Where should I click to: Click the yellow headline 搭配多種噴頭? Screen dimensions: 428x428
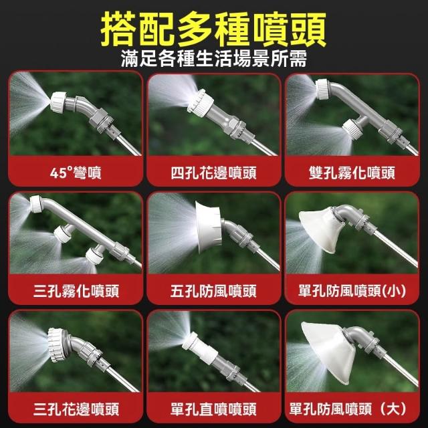(x=213, y=29)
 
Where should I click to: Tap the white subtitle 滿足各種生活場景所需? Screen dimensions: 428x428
(x=214, y=59)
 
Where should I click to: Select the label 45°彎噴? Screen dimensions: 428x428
(x=76, y=173)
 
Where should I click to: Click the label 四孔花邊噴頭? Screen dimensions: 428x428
(x=213, y=173)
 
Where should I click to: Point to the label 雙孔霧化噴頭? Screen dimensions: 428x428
(x=352, y=173)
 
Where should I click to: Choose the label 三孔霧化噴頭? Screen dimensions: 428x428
(x=76, y=291)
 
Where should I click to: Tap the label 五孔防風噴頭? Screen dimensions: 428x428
(x=213, y=291)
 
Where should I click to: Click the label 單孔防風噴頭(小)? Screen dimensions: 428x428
(x=352, y=291)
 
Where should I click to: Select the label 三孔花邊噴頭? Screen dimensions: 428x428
(x=76, y=409)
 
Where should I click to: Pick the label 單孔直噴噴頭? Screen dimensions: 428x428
(x=213, y=409)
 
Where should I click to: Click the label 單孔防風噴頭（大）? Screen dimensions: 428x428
(x=348, y=409)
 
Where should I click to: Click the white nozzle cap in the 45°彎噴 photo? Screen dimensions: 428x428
(x=59, y=102)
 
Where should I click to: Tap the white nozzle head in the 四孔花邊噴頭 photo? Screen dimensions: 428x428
(x=200, y=101)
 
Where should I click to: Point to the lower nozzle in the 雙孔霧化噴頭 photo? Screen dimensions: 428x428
(x=352, y=128)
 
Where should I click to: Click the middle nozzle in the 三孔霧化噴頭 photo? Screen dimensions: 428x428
(x=63, y=233)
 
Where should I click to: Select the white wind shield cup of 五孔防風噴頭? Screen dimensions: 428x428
(x=209, y=227)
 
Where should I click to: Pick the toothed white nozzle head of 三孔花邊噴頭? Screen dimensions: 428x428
(x=58, y=345)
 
